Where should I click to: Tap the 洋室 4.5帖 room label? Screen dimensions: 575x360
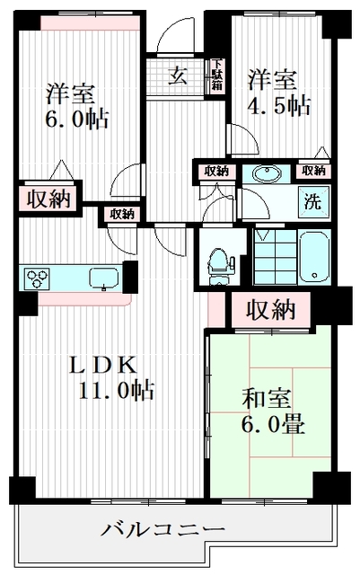pos(279,93)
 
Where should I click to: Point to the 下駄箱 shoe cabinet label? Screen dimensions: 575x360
pos(217,75)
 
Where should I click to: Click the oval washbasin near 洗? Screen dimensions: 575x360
pos(267,173)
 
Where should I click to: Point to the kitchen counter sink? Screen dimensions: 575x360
pos(104,278)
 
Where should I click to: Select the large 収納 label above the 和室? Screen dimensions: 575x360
pos(271,310)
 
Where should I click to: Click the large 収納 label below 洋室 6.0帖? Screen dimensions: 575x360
pos(47,199)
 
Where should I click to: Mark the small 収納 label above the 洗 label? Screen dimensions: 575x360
pos(313,170)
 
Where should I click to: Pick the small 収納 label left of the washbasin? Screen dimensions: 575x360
pos(215,171)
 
